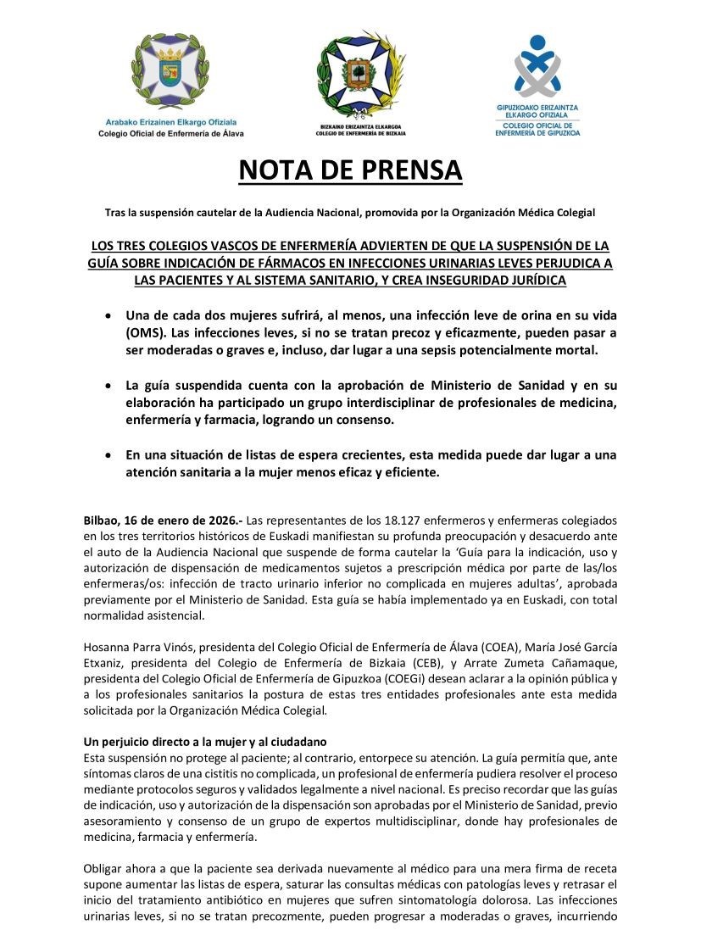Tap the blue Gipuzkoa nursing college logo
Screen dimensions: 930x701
tap(537, 65)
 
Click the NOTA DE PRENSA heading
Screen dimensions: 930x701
tap(350, 170)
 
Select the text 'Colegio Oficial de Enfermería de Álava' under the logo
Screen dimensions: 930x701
tap(170, 134)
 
